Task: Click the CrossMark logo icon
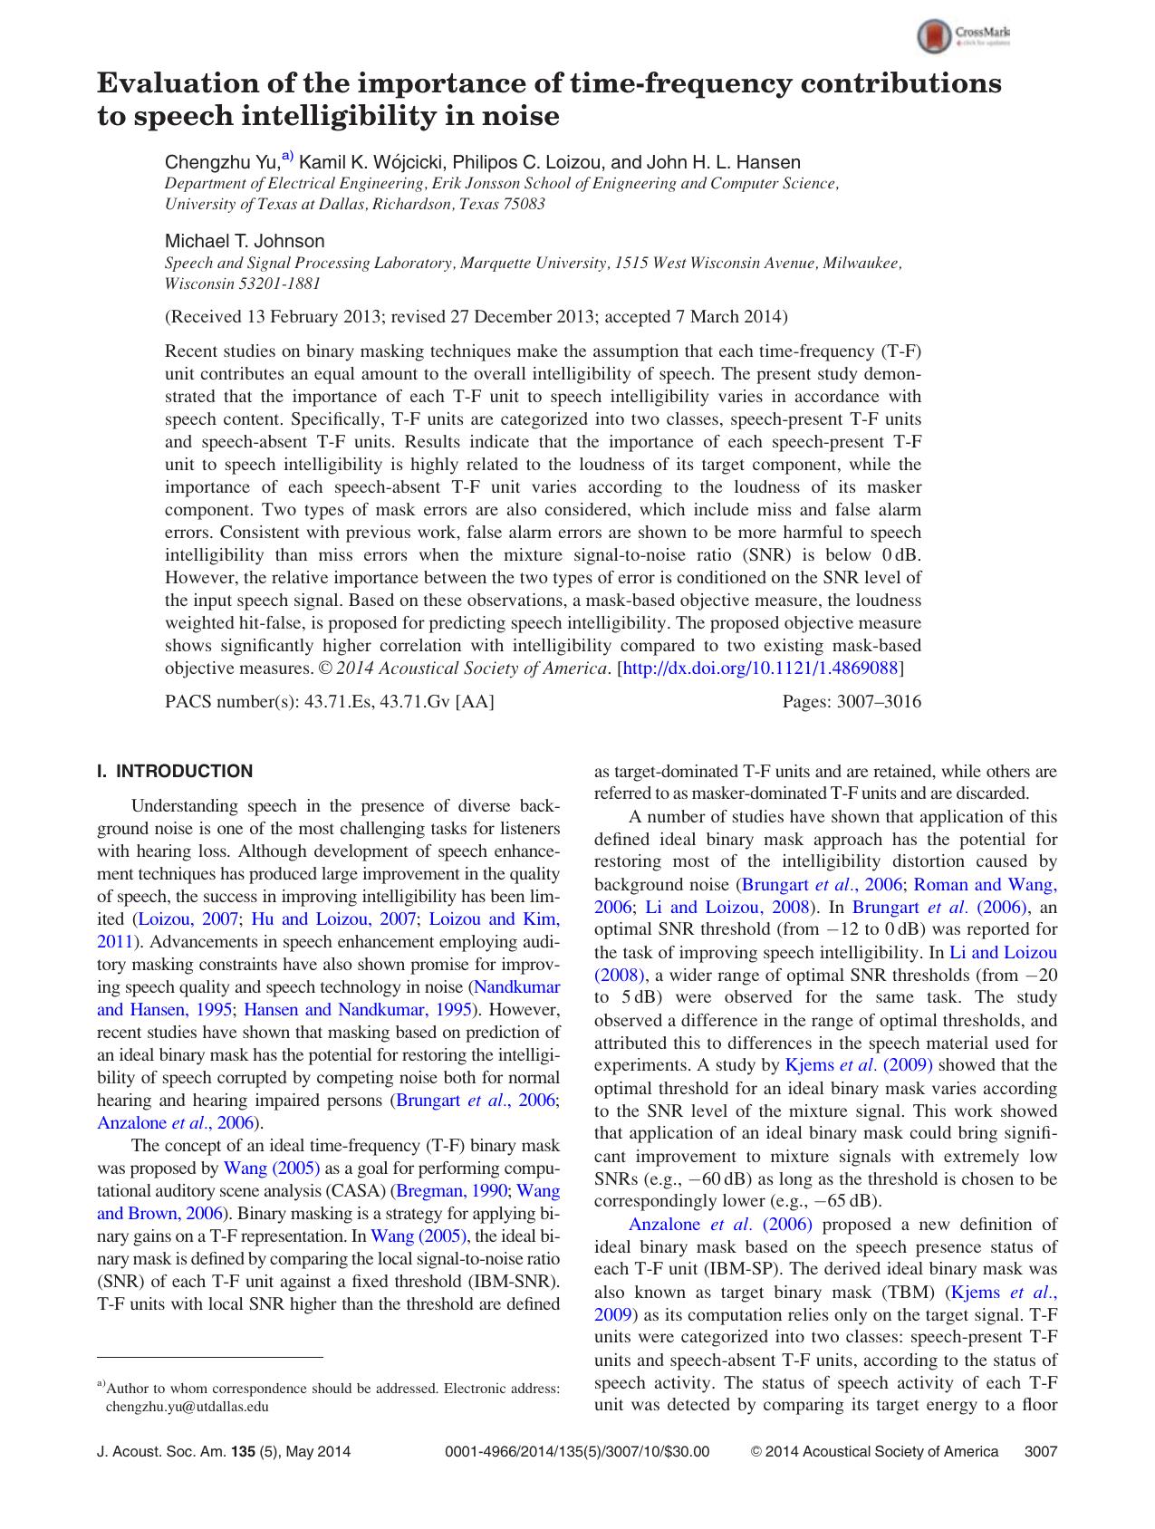(934, 37)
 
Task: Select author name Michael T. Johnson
(244, 241)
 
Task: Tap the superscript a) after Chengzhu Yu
(287, 157)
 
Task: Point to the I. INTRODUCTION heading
(175, 772)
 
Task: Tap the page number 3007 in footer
(1040, 1451)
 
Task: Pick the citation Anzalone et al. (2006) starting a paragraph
(720, 1225)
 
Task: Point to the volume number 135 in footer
(243, 1451)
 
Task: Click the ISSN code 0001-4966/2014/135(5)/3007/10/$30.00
(578, 1451)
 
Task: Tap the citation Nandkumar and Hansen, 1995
(517, 986)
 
